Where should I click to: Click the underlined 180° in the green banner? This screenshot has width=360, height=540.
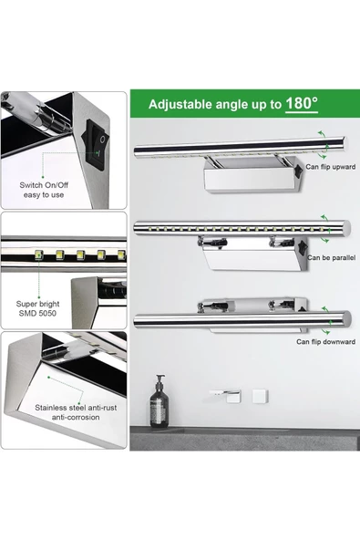(302, 104)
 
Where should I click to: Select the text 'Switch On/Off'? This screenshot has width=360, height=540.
(44, 185)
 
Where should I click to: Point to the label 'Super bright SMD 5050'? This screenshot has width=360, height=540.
(37, 308)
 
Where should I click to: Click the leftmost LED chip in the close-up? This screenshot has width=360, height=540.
(39, 255)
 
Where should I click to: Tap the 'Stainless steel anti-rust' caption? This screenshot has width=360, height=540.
(76, 408)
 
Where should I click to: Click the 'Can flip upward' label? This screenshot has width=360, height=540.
(331, 167)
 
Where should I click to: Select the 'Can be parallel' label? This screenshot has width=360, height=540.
(331, 257)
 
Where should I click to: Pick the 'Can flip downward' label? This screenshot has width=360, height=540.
(325, 342)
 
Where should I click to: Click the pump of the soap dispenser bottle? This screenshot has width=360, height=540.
(160, 379)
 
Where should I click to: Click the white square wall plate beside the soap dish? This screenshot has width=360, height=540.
(260, 397)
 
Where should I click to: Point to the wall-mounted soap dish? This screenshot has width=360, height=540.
(225, 396)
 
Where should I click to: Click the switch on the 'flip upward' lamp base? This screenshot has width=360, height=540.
(298, 171)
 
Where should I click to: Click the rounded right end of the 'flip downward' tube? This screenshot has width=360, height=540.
(346, 318)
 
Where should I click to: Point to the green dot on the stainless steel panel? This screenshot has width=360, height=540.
(49, 378)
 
